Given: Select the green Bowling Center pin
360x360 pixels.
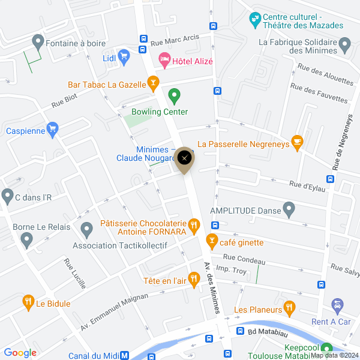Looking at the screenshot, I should coord(174,95).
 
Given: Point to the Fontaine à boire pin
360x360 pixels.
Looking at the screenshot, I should coord(38,42).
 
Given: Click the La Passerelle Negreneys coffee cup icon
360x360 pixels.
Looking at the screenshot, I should coord(297,142).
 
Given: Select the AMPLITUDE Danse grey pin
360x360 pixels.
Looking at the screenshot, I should coord(289,210).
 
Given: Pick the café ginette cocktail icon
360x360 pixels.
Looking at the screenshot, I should coord(211,241).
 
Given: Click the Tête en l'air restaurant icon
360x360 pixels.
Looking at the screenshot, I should coord(193,278).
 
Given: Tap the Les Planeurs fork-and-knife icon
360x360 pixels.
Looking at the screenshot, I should coord(289,309).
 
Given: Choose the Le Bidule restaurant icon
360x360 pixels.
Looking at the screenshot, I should coord(28,302).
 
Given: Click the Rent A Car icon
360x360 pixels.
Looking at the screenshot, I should coord(337,307).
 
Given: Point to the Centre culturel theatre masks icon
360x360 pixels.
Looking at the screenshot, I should coord(255,20).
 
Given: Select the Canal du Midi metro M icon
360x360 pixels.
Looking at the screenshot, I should coord(125,355).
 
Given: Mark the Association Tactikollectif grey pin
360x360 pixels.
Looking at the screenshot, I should coord(86,229).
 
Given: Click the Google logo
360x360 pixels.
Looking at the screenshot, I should coord(20,353).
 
